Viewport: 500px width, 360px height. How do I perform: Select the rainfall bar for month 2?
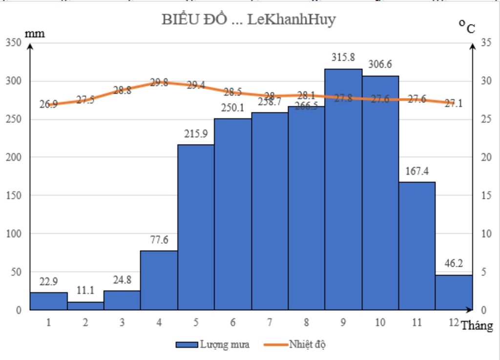(85, 306)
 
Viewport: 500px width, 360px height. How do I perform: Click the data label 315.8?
(343, 57)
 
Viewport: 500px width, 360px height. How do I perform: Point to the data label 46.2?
(454, 263)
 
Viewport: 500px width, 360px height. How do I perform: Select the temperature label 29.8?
(159, 83)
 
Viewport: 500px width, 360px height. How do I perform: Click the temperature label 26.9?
(48, 104)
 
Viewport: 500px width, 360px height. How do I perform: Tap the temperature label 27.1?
(454, 104)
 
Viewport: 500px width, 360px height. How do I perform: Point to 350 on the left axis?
(14, 42)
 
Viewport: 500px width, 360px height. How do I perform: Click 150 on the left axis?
(14, 195)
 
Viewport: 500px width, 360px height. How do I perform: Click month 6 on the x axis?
(233, 322)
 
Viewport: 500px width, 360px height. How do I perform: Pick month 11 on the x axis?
(417, 322)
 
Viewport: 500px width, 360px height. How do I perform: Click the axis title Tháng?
(477, 326)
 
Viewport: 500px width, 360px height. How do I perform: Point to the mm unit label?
(35, 34)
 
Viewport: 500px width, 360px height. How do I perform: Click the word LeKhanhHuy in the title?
(292, 20)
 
